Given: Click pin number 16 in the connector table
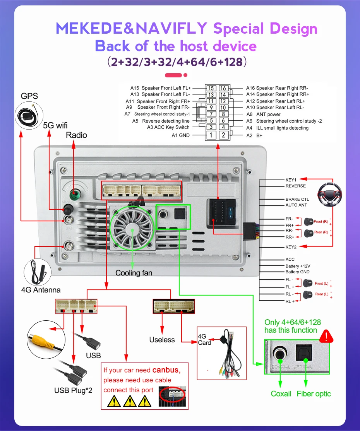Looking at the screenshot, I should pyautogui.click(x=223, y=88).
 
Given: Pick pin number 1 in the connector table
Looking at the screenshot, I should pyautogui.click(x=211, y=135).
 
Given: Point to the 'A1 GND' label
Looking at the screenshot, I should pyautogui.click(x=180, y=135).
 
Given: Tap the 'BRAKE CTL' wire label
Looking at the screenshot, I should pyautogui.click(x=297, y=199).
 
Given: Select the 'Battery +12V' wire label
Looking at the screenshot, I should pyautogui.click(x=298, y=266).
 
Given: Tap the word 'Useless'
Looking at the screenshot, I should pyautogui.click(x=162, y=340).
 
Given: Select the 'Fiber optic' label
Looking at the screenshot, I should pyautogui.click(x=314, y=393).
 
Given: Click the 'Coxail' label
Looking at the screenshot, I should pyautogui.click(x=281, y=393).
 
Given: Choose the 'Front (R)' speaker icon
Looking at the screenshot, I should pyautogui.click(x=309, y=222).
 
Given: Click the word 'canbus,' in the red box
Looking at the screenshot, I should pyautogui.click(x=166, y=370).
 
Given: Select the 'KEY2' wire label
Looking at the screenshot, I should pyautogui.click(x=290, y=247).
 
